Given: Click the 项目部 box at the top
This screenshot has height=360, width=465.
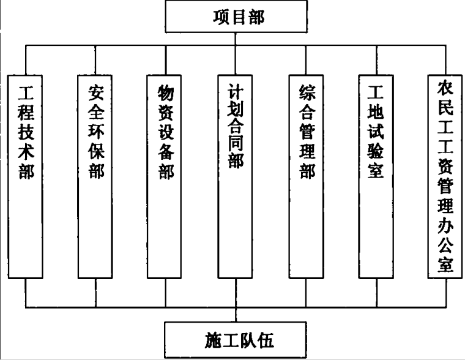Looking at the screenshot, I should tap(237, 17).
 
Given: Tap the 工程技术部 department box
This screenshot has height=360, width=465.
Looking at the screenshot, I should tap(26, 176).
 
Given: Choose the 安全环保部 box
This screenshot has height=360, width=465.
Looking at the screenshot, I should tap(95, 176).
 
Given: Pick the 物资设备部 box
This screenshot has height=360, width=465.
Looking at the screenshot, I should tap(165, 176).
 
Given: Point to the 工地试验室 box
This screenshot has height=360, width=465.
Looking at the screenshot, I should tap(376, 176).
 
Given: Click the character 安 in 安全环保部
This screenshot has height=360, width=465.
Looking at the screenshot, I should tap(95, 94).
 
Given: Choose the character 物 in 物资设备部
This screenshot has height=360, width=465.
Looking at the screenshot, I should tap(165, 94).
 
